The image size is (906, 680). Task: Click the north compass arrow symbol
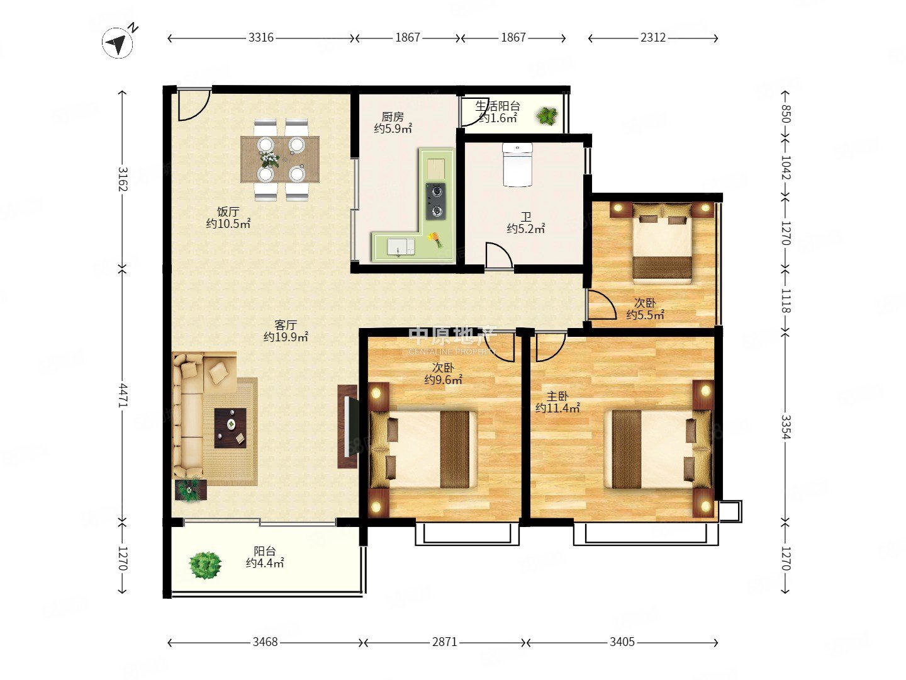pyautogui.click(x=118, y=43)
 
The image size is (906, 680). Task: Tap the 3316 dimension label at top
pyautogui.click(x=261, y=38)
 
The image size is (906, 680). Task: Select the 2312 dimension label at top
pyautogui.click(x=653, y=38)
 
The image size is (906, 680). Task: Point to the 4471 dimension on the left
pyautogui.click(x=123, y=395)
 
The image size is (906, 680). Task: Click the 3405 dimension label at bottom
pyautogui.click(x=622, y=642)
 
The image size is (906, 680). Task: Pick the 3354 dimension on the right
pyautogui.click(x=785, y=427)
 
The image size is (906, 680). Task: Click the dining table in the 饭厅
pyautogui.click(x=280, y=159)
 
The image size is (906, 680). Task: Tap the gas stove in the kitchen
pyautogui.click(x=436, y=201)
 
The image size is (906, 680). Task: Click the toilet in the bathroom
pyautogui.click(x=517, y=165)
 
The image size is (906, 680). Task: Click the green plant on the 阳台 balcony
pyautogui.click(x=205, y=565)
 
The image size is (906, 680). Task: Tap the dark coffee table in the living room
pyautogui.click(x=230, y=428)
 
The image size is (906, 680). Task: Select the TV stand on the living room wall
pyautogui.click(x=347, y=426)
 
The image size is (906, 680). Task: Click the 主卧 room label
pyautogui.click(x=557, y=397)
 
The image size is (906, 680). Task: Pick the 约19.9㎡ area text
pyautogui.click(x=286, y=337)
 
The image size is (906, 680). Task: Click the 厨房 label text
pyautogui.click(x=393, y=117)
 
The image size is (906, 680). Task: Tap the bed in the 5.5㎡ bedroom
pyautogui.click(x=662, y=243)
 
